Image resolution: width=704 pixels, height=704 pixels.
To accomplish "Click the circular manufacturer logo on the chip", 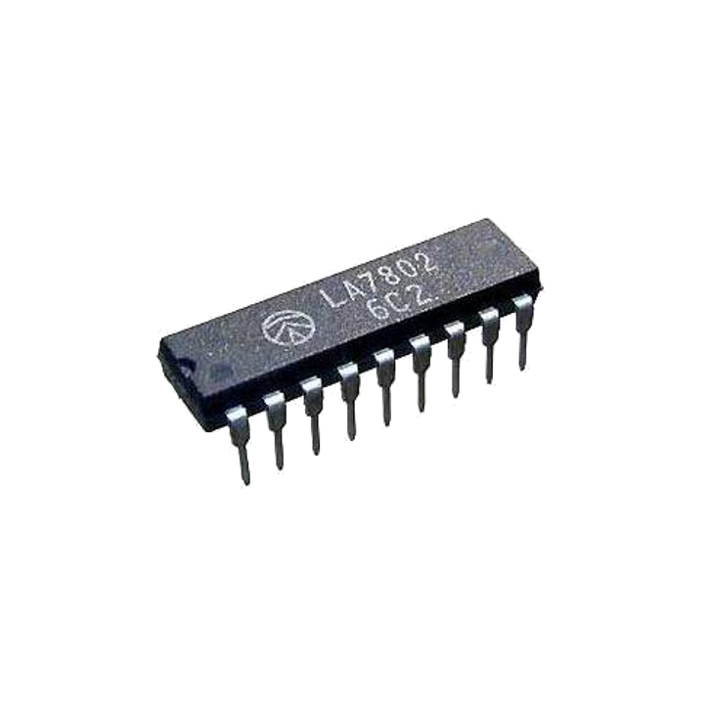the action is pos(286,327).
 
